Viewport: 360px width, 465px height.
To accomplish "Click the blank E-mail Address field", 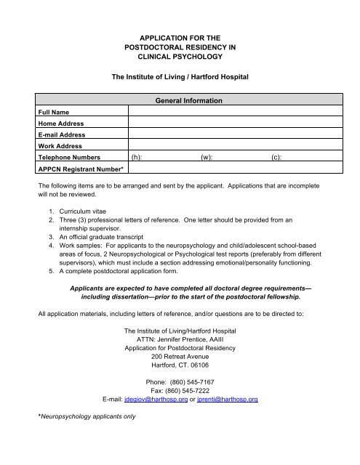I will point(225,134).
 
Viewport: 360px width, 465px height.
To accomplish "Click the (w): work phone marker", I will point(207,156).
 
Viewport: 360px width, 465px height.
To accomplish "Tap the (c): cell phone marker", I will point(276,156).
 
